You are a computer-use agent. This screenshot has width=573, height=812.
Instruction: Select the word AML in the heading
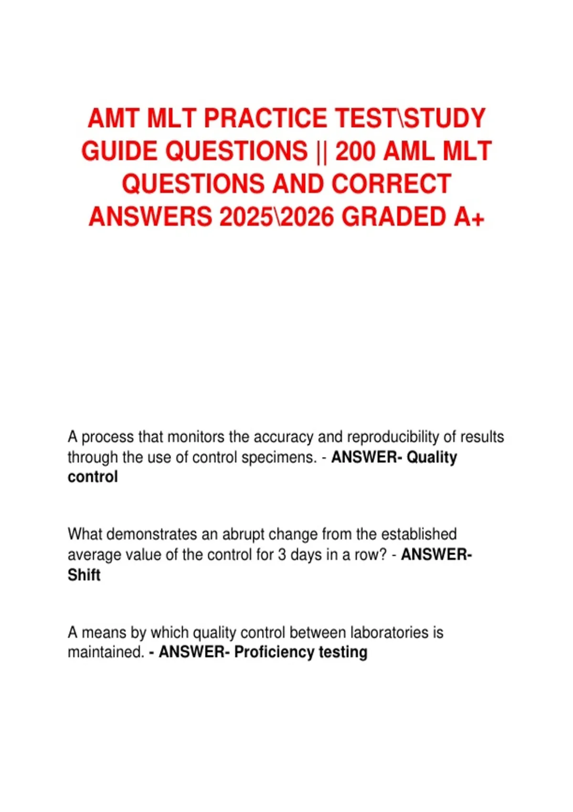tap(410, 151)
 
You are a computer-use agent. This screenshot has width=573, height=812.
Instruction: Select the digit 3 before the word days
tap(282, 555)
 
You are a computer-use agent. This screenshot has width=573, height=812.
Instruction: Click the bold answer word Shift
tap(84, 575)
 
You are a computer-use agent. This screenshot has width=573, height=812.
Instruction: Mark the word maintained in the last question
tap(106, 652)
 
